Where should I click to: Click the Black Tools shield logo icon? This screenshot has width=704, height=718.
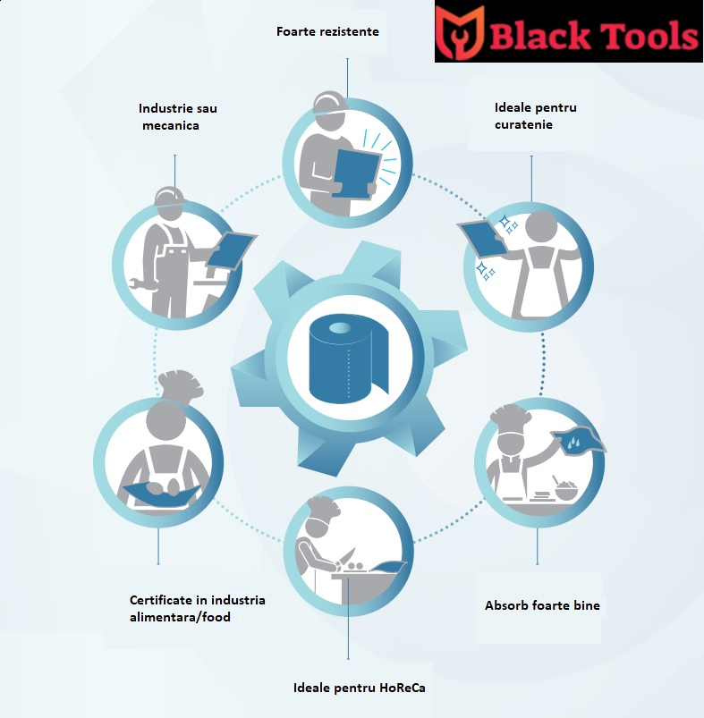point(460,32)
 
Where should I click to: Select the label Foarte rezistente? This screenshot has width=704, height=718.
point(327,31)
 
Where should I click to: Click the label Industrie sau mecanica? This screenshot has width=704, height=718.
point(178,117)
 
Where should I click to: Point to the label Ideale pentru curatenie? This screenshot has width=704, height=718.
point(536,116)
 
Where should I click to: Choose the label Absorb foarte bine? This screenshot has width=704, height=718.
point(542,605)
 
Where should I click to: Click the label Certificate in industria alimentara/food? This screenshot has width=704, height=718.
point(198,609)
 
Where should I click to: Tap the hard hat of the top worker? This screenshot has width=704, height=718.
point(330,103)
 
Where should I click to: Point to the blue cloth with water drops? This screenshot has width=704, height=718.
point(578,441)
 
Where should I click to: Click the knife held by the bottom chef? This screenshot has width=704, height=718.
point(345,557)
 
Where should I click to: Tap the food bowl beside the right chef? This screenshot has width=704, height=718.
point(566,490)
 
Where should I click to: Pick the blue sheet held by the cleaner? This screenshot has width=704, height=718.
point(483,239)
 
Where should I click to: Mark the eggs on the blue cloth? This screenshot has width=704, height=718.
point(165,488)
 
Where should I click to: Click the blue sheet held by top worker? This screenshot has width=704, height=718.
point(356,174)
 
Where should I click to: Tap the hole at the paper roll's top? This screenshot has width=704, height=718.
point(340,328)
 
